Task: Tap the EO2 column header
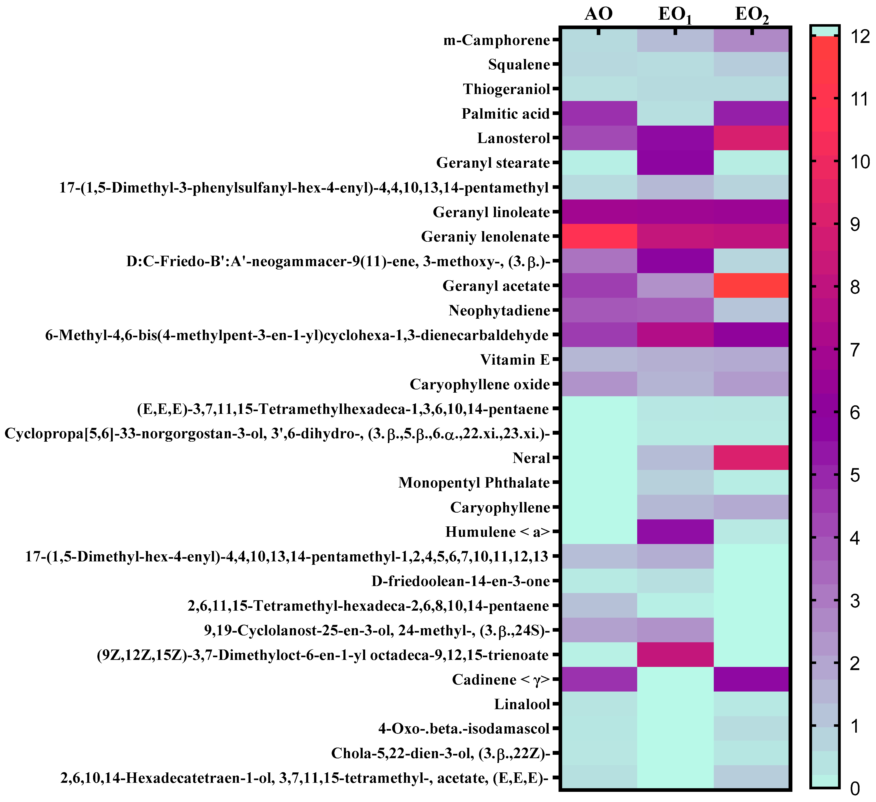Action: click(752, 15)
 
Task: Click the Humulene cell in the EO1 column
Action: click(675, 531)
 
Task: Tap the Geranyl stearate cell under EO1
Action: click(675, 162)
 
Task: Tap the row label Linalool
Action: click(522, 704)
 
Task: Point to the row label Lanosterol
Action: click(514, 138)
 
